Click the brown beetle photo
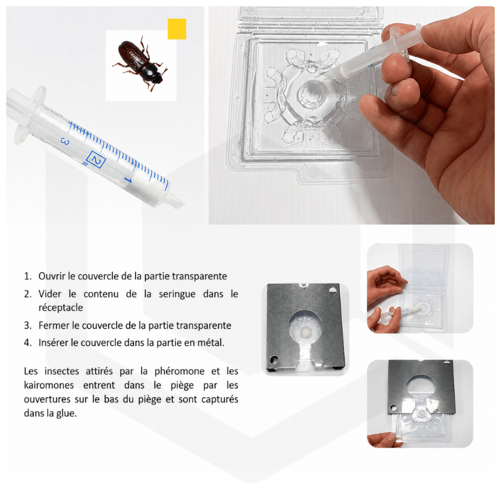(x=140, y=65)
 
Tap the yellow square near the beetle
(x=177, y=29)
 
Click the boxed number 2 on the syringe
(x=96, y=160)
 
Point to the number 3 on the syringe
(x=65, y=142)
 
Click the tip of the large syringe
(x=182, y=203)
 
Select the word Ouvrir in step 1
(x=52, y=276)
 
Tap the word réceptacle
(x=61, y=307)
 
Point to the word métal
(x=210, y=343)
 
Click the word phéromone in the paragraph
(x=180, y=371)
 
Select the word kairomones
(x=49, y=385)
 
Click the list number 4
(x=28, y=343)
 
